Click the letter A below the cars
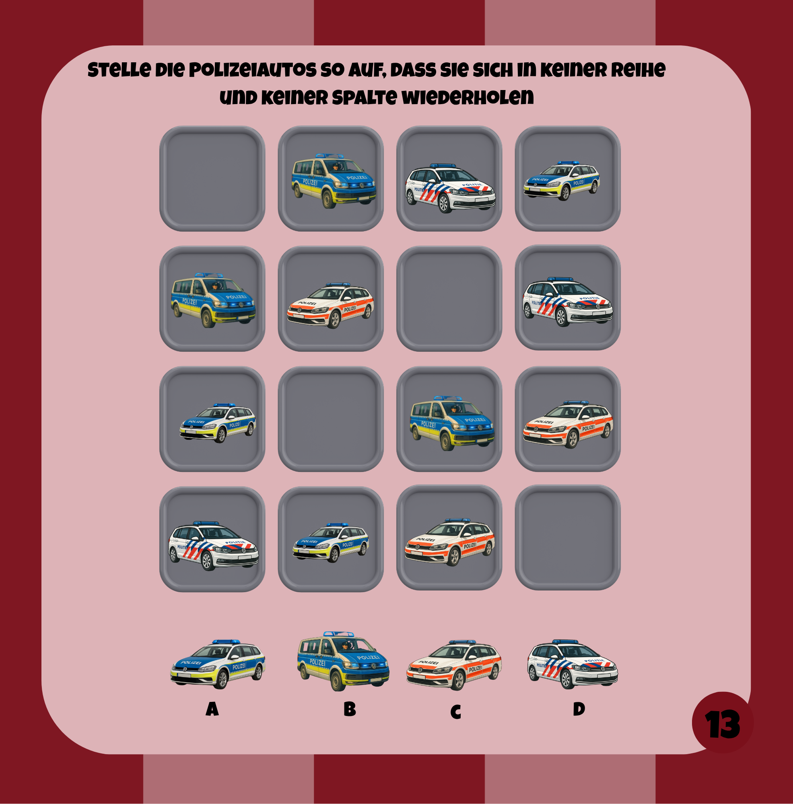[x=212, y=709]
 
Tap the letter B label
[x=350, y=709]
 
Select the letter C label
[x=455, y=712]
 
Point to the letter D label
[x=579, y=708]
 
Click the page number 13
[x=723, y=724]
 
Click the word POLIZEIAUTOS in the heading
[x=252, y=70]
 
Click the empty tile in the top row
[x=212, y=178]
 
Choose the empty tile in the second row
[x=449, y=298]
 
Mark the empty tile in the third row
[x=331, y=418]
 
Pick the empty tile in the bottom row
[x=568, y=537]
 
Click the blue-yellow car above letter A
[x=218, y=664]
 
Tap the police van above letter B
[x=343, y=661]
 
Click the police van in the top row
[x=334, y=181]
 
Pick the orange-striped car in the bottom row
[x=450, y=542]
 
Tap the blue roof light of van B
[x=339, y=634]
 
